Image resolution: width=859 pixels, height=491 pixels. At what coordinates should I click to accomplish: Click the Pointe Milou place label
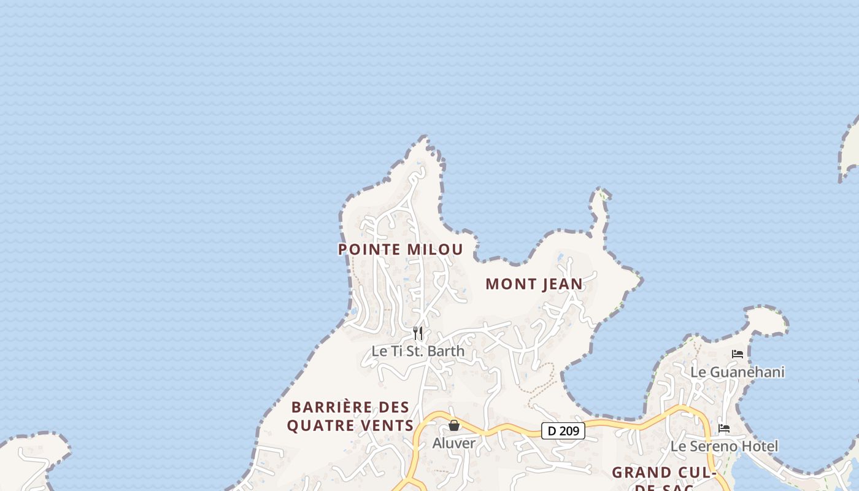pyautogui.click(x=401, y=249)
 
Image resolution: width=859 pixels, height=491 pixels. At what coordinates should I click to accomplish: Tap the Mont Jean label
pyautogui.click(x=534, y=284)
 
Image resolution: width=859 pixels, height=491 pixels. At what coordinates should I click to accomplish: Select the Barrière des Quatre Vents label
pyautogui.click(x=350, y=416)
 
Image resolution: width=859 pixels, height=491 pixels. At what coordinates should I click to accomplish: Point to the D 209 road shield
pyautogui.click(x=563, y=431)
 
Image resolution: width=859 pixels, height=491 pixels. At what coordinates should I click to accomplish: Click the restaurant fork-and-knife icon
pyautogui.click(x=418, y=333)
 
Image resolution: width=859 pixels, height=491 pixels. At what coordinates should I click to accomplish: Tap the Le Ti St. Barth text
pyautogui.click(x=418, y=352)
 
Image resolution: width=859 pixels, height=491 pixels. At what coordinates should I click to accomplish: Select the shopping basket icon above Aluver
pyautogui.click(x=454, y=425)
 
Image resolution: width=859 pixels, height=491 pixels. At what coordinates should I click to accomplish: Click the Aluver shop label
pyautogui.click(x=454, y=443)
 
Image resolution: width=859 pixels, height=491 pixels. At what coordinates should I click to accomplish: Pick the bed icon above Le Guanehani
pyautogui.click(x=738, y=354)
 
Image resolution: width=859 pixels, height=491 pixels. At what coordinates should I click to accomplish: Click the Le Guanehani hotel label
pyautogui.click(x=738, y=372)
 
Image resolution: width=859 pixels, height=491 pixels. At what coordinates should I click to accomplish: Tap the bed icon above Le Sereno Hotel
pyautogui.click(x=724, y=428)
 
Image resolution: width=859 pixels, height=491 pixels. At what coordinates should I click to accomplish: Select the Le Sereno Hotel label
pyautogui.click(x=724, y=446)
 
